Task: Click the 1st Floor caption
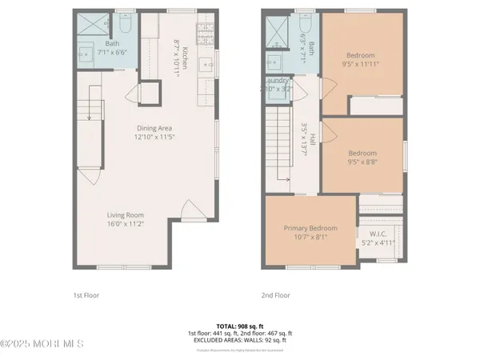tap(86, 294)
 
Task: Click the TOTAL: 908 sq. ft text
tap(239, 326)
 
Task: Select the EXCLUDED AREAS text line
tap(239, 339)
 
